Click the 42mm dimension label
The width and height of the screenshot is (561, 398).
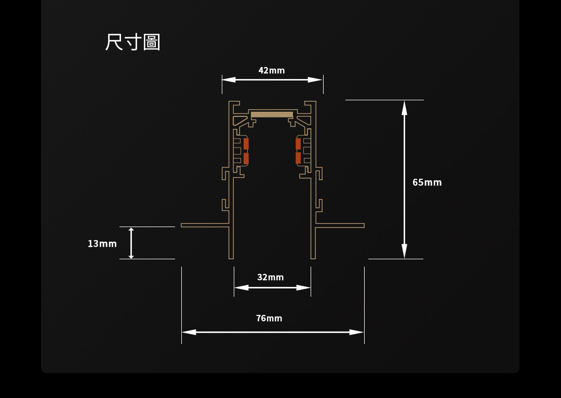coord(272,70)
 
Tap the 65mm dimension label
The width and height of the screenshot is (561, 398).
coord(427,182)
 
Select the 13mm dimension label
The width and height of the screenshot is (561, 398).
coord(102,244)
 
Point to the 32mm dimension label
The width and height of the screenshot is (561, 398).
coord(271,277)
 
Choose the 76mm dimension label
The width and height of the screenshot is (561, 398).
coord(269,318)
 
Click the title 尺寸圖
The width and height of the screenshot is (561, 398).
coord(132,42)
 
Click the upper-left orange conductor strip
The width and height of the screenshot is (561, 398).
coord(246,144)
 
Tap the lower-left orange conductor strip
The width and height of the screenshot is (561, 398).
coord(246,158)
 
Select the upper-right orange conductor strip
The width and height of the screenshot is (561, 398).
coord(298,144)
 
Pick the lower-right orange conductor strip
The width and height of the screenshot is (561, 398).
coord(298,158)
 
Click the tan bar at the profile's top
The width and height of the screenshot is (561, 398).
coord(272,114)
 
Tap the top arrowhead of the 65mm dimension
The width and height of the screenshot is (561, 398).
coord(404,108)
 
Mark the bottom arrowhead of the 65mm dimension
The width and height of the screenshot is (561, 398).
coord(404,251)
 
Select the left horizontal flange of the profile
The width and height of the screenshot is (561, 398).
coord(205,225)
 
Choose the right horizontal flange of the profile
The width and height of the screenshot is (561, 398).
coord(340,225)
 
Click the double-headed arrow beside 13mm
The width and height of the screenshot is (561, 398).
coord(131,243)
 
